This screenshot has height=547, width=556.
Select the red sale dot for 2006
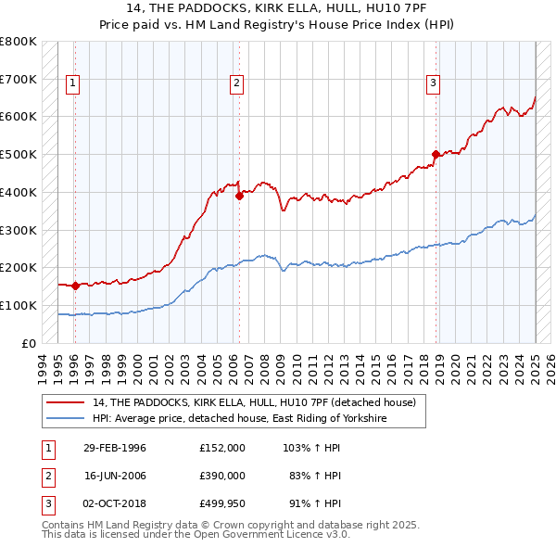(x=239, y=196)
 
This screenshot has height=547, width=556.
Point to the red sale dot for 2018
(x=436, y=155)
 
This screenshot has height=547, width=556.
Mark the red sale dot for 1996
(x=75, y=286)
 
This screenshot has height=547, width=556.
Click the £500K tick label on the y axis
(x=19, y=154)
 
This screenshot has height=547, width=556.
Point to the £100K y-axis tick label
(x=19, y=305)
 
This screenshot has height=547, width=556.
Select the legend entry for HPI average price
(x=238, y=419)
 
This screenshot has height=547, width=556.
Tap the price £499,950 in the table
(x=222, y=504)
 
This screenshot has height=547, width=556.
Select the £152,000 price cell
(x=222, y=447)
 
